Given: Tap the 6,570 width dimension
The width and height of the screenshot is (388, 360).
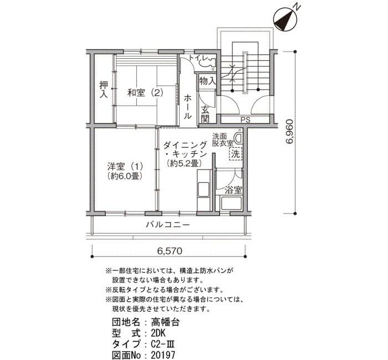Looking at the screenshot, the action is pyautogui.click(x=170, y=251).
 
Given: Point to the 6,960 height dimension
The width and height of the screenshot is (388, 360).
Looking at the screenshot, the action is pyautogui.click(x=289, y=132).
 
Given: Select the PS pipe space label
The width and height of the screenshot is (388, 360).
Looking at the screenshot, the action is pyautogui.click(x=246, y=120).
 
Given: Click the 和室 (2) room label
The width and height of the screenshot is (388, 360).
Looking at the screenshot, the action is pyautogui.click(x=145, y=93).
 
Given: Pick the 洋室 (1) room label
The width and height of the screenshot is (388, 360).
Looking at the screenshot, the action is pyautogui.click(x=125, y=166).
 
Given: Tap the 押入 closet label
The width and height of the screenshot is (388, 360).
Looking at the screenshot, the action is pyautogui.click(x=104, y=89).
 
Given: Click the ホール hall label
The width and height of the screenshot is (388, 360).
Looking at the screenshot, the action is pyautogui.click(x=187, y=107).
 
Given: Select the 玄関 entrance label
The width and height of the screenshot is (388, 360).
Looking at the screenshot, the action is pyautogui.click(x=205, y=114).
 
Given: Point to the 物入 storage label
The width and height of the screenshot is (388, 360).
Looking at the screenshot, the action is pyautogui.click(x=207, y=81).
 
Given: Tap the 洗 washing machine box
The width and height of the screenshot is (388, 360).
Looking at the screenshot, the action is pyautogui.click(x=236, y=154).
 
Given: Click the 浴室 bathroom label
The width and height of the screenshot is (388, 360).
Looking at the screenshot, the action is pyautogui.click(x=233, y=190).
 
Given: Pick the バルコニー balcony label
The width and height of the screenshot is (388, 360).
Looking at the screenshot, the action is pyautogui.click(x=168, y=225).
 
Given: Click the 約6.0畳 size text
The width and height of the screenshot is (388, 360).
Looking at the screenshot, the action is pyautogui.click(x=125, y=176).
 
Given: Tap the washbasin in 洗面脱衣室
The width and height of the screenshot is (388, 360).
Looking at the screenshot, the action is pyautogui.click(x=238, y=138).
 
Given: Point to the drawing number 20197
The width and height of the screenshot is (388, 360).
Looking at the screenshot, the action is pyautogui.click(x=163, y=355).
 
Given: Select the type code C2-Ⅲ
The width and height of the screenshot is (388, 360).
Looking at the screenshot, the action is pyautogui.click(x=163, y=344).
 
